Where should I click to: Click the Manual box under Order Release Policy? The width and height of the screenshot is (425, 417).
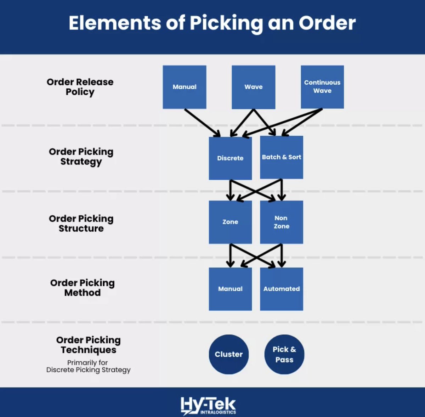click(x=184, y=87)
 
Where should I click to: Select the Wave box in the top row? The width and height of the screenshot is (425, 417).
click(x=253, y=87)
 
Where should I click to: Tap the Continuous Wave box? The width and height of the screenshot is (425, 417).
click(x=322, y=87)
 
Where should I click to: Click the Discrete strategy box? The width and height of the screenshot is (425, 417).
click(x=230, y=158)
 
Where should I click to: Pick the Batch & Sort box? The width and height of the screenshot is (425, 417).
click(x=282, y=157)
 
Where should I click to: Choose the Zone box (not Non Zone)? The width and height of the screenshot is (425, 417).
click(x=230, y=222)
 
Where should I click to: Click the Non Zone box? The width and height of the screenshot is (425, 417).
click(x=282, y=222)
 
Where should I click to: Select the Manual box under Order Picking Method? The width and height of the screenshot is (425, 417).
click(x=230, y=289)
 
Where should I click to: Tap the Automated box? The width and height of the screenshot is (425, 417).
click(x=282, y=289)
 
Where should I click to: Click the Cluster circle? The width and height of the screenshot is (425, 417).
click(x=229, y=354)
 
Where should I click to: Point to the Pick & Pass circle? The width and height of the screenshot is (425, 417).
click(x=284, y=354)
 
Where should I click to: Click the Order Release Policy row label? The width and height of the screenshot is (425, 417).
click(x=80, y=87)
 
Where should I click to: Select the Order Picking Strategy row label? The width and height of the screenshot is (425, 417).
click(x=81, y=157)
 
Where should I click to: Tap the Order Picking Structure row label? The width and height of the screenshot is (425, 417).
click(x=81, y=223)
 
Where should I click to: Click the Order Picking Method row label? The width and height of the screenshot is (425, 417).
click(x=83, y=288)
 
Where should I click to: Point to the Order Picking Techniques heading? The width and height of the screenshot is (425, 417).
click(x=89, y=345)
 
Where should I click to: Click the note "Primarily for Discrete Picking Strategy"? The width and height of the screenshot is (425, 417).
click(x=89, y=366)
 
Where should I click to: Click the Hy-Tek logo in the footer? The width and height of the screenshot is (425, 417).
click(x=208, y=405)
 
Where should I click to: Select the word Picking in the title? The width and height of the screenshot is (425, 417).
click(x=226, y=23)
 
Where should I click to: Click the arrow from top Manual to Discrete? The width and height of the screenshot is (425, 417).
click(x=202, y=123)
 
